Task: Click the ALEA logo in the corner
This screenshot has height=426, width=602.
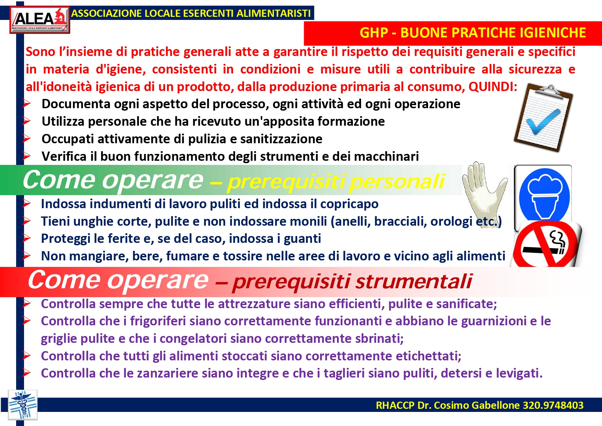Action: pos(40,20)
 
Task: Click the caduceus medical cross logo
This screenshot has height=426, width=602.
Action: pos(23,405)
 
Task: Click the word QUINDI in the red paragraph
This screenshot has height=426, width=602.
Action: pos(493,87)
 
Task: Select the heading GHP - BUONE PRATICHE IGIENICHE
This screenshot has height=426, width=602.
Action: pos(473,33)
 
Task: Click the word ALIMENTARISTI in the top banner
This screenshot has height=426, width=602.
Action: pos(274,13)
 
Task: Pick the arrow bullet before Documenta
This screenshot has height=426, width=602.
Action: pos(26,103)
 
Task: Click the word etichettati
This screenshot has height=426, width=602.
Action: pos(428,356)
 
